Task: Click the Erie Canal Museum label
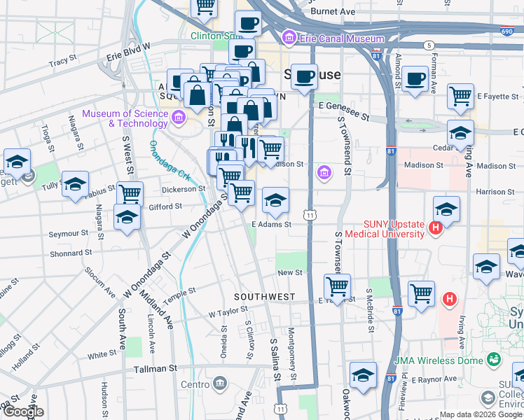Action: tap(341, 38)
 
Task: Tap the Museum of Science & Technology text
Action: tap(125, 119)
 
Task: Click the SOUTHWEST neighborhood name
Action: tap(264, 297)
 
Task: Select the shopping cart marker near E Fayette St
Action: tap(460, 96)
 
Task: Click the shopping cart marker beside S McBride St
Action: tap(421, 293)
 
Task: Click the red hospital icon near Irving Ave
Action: tap(450, 300)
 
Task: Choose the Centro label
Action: tap(195, 384)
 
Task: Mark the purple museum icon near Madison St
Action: tap(324, 172)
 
